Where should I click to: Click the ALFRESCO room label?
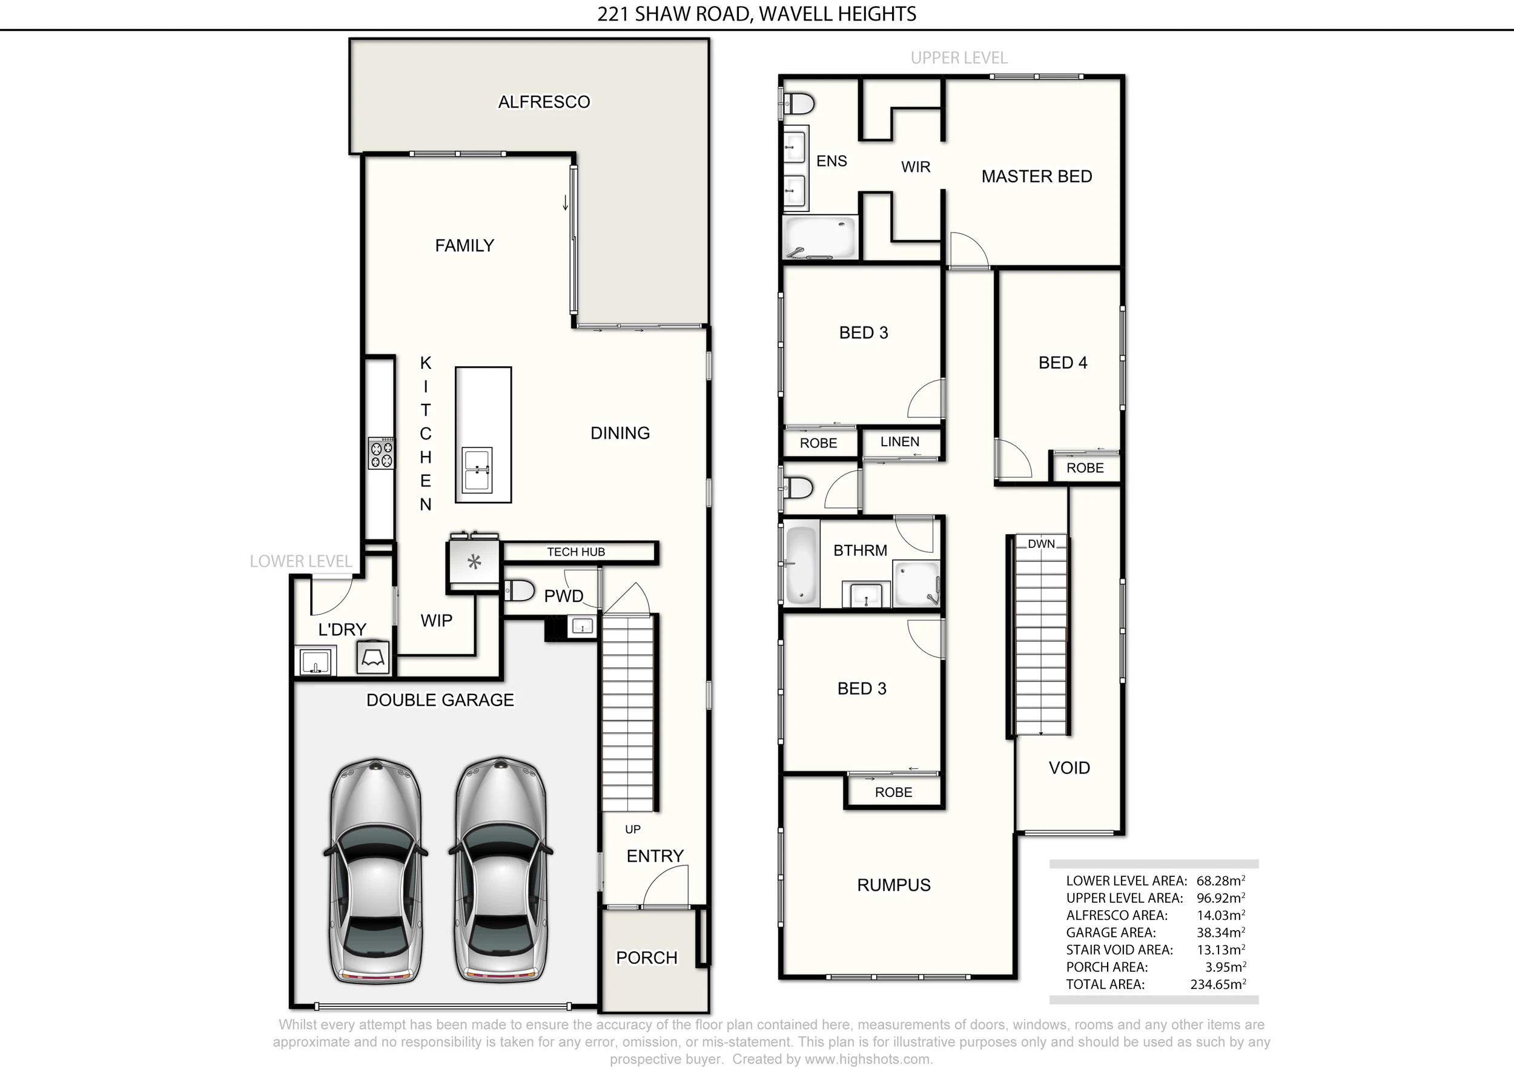544,102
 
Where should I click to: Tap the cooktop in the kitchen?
381,454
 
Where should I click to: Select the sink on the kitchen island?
477,469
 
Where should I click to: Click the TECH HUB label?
576,552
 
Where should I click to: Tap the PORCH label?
647,958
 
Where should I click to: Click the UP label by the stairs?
632,830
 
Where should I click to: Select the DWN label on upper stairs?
1041,544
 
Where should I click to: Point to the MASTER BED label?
1037,177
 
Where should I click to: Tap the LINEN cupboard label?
899,441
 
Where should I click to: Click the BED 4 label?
1062,363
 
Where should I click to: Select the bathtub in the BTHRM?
802,564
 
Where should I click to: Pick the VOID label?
1069,768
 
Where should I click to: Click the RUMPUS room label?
893,885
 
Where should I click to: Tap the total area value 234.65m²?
1218,984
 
